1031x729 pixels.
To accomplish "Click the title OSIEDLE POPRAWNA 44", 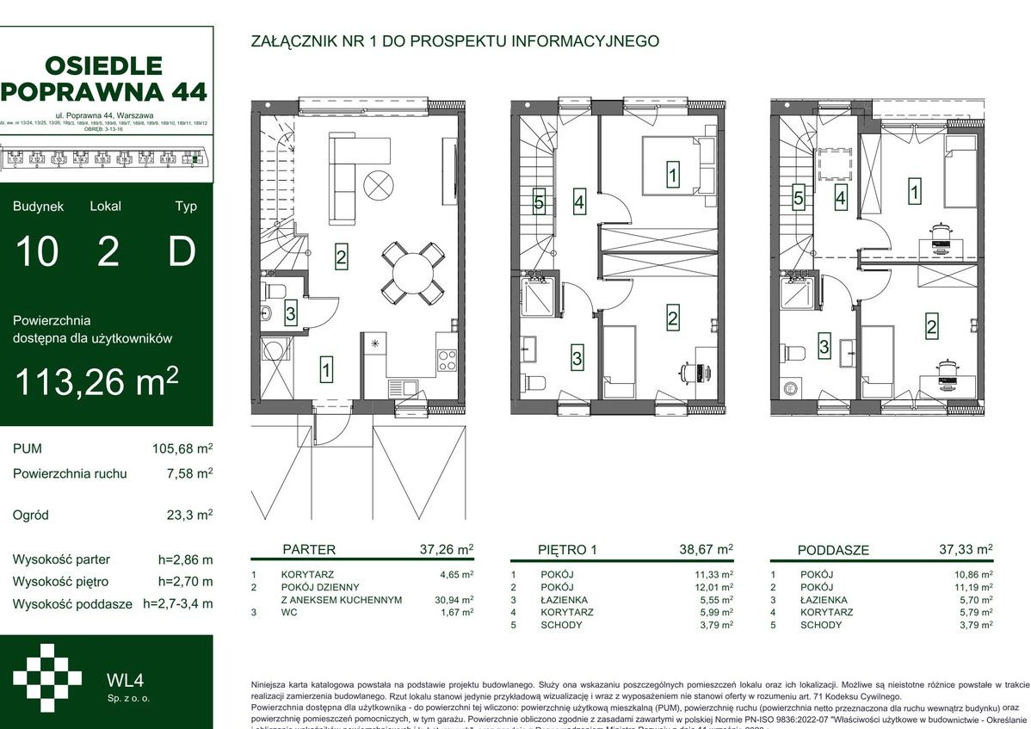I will [x=106, y=77].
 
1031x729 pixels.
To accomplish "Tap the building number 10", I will [x=36, y=252].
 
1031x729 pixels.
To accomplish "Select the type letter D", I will [x=181, y=252].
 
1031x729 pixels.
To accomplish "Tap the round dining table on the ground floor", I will [x=412, y=272].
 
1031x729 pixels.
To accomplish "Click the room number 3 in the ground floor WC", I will [x=291, y=314].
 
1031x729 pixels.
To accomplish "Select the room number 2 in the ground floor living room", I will [x=341, y=256].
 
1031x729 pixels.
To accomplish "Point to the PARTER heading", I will [x=309, y=550].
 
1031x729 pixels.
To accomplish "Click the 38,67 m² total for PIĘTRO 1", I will [x=706, y=548].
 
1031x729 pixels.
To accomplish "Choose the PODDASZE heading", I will [x=832, y=550].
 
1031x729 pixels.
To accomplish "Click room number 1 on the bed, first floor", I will [x=672, y=176].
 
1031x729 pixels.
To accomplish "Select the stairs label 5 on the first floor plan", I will [x=539, y=203].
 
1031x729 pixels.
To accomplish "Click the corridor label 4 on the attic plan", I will [x=840, y=199].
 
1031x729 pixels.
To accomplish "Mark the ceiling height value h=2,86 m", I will [x=185, y=559].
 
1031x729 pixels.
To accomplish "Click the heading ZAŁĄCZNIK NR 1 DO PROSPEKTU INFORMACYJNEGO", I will [x=454, y=40].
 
